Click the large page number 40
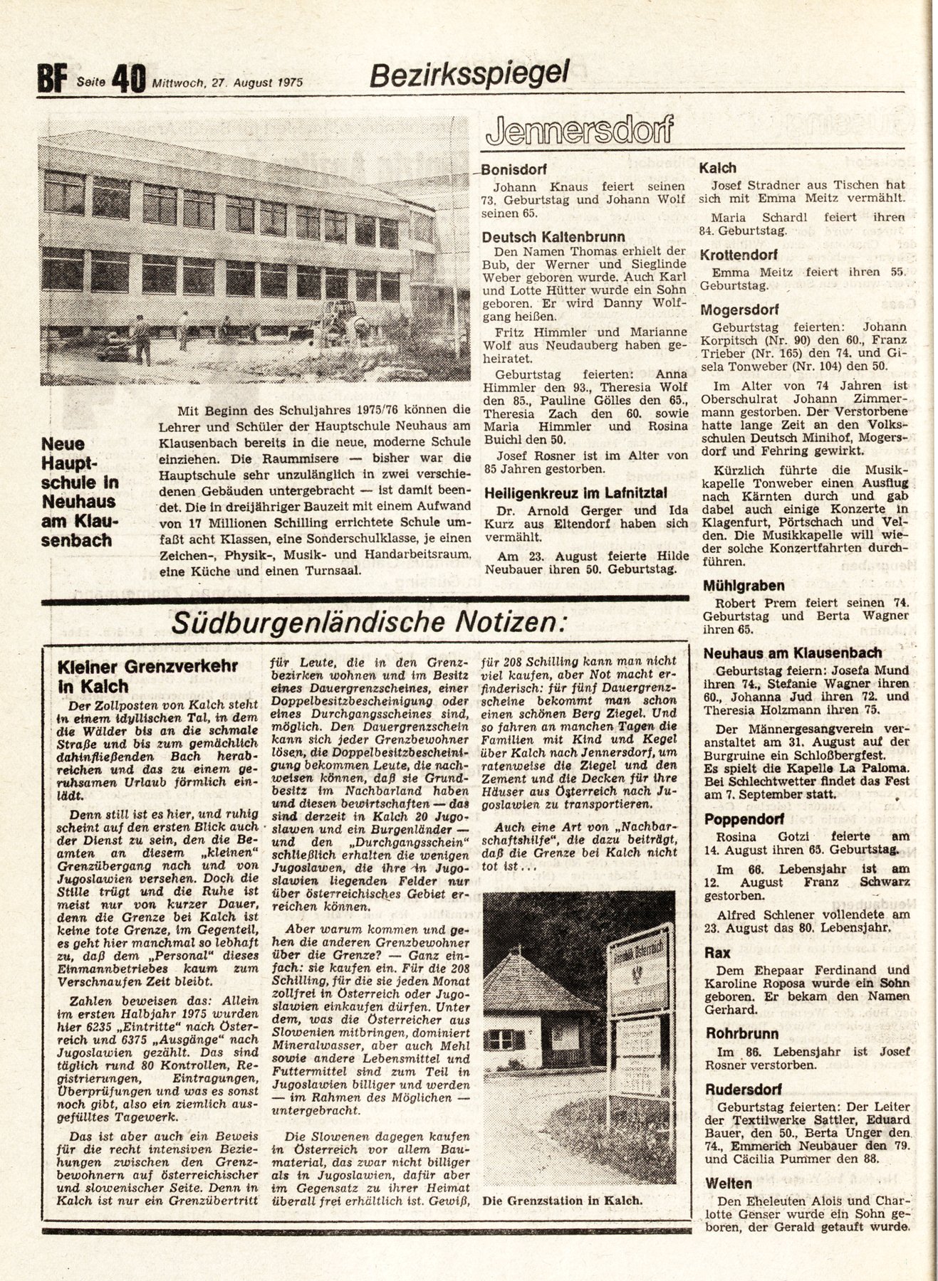(129, 78)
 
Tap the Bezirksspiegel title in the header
(470, 72)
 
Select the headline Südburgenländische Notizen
(369, 621)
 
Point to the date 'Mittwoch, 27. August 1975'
(227, 82)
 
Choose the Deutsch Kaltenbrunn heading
(553, 237)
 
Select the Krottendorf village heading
(739, 255)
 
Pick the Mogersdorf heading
(739, 310)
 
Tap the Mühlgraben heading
(744, 586)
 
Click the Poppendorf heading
(744, 820)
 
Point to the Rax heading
(717, 952)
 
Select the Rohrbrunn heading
(741, 1033)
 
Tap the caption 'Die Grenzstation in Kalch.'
(562, 1201)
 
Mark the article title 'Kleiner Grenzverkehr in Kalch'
(148, 677)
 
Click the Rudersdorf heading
(744, 1089)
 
